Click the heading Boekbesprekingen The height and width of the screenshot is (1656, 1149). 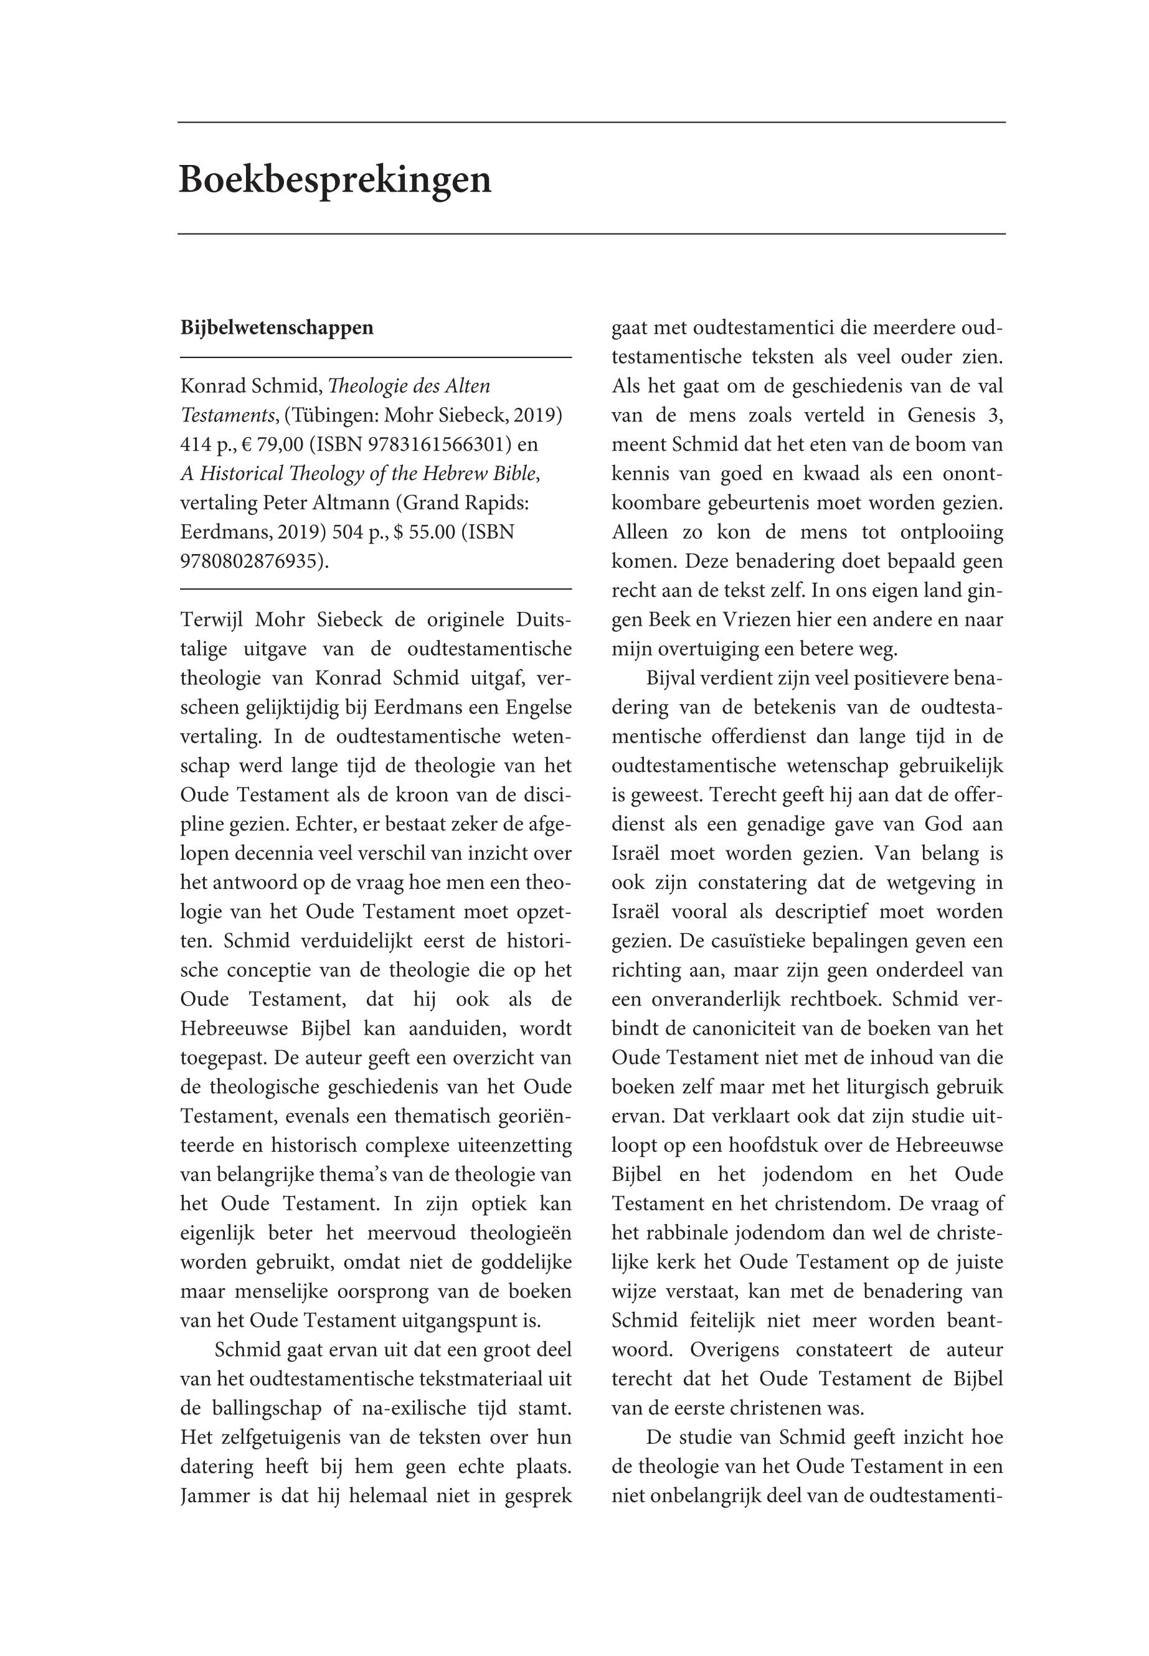click(335, 179)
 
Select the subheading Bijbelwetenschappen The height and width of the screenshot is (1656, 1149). click(277, 328)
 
